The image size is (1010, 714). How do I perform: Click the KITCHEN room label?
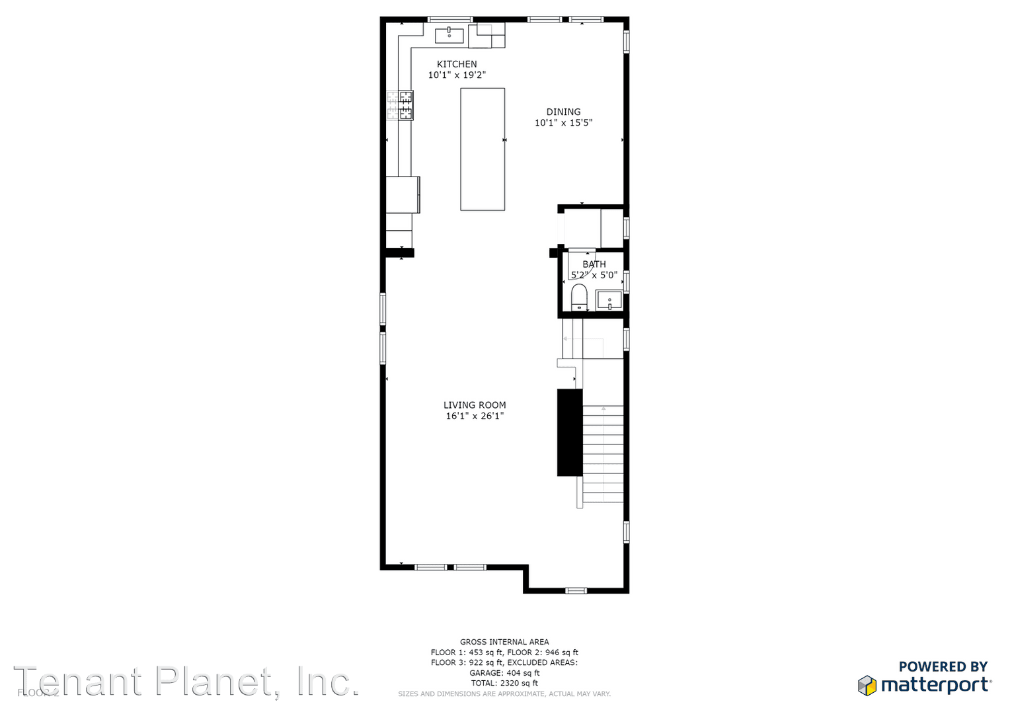(457, 64)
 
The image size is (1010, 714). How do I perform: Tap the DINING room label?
(563, 112)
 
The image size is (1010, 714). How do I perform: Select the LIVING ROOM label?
(475, 405)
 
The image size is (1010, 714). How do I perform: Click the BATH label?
(594, 264)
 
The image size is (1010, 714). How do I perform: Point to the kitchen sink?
(449, 35)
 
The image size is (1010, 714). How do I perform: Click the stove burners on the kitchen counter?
(401, 106)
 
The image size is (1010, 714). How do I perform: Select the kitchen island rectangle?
(483, 149)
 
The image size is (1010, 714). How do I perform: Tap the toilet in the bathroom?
(579, 297)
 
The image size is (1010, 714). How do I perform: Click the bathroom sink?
(609, 300)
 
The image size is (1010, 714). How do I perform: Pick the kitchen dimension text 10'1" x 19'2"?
(457, 75)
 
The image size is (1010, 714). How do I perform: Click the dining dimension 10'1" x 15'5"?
(563, 123)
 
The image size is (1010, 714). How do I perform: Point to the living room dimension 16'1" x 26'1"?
(475, 416)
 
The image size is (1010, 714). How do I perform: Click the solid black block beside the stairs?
(570, 432)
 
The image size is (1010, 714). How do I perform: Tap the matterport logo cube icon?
(867, 686)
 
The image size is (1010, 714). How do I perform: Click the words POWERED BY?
(943, 667)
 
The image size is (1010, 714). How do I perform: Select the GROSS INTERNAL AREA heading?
(504, 642)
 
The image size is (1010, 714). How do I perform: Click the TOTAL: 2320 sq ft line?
(504, 684)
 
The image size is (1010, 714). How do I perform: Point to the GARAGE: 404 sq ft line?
(504, 673)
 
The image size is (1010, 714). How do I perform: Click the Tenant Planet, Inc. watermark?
(186, 682)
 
